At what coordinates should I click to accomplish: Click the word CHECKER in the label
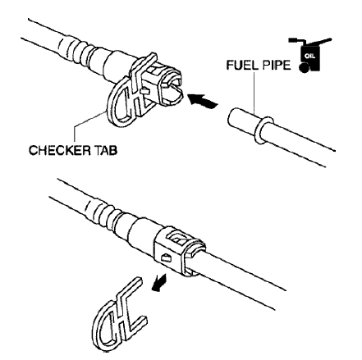pos(60,150)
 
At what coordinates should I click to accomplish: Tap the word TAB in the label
pos(106,150)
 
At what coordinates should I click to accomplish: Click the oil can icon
pos(310,55)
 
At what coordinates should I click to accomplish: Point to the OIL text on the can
pos(310,57)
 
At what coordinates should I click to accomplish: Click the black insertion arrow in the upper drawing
pos(202,100)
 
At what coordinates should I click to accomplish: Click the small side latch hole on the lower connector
pos(166,257)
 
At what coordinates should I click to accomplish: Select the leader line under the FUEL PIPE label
pos(254,92)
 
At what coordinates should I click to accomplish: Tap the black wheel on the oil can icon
pos(303,68)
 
